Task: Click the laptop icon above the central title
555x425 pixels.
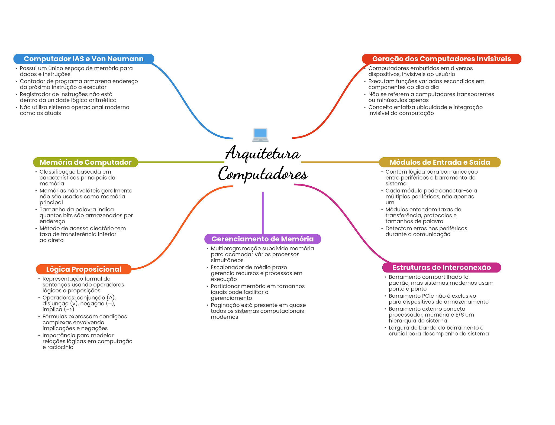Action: coord(260,135)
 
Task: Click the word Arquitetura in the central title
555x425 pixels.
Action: coord(263,153)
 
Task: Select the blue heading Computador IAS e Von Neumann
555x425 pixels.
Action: coord(84,59)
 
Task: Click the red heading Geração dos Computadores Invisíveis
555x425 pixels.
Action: coord(441,59)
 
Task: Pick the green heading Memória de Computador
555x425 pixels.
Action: coord(86,162)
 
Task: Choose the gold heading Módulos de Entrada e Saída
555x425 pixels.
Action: coord(440,162)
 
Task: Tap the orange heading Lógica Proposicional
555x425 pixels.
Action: coord(84,269)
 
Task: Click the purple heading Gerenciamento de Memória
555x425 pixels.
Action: coord(263,239)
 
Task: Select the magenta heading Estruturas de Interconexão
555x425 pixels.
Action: coord(441,268)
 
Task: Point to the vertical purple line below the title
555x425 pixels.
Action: coord(263,213)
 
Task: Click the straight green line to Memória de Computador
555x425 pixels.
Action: coord(181,162)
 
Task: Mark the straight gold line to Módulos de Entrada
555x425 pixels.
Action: coord(340,162)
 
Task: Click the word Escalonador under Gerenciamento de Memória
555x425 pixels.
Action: coord(228,267)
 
